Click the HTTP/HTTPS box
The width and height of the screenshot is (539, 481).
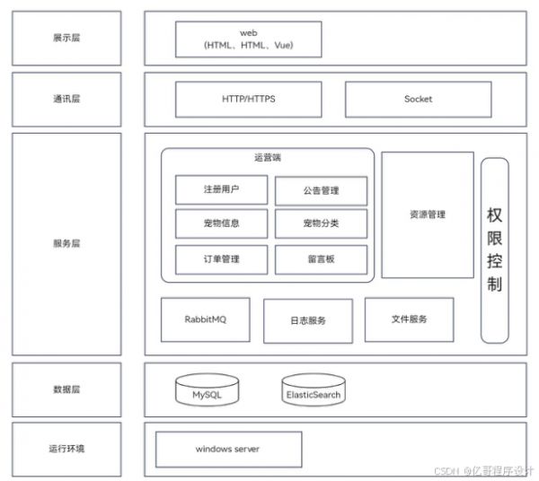(249, 100)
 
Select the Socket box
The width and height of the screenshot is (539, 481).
(419, 100)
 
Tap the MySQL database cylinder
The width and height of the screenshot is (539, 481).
(207, 389)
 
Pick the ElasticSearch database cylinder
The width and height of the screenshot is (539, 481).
(314, 389)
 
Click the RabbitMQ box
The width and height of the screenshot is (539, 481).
(206, 319)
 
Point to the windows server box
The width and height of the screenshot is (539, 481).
(228, 450)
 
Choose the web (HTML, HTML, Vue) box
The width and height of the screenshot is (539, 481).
(249, 39)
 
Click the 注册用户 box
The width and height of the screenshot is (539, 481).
(221, 189)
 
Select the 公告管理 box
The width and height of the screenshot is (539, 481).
(321, 191)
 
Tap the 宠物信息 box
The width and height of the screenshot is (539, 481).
(221, 223)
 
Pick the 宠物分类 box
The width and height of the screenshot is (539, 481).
(321, 223)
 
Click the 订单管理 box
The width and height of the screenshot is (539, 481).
(221, 259)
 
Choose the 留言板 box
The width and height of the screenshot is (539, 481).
(321, 259)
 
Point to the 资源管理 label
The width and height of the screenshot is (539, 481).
(428, 214)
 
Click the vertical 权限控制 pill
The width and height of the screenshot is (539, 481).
(495, 250)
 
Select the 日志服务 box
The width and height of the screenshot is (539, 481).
(308, 321)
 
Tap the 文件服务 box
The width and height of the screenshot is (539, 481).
(409, 319)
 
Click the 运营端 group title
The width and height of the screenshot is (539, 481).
(268, 158)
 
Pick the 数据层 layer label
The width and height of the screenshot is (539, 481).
(66, 389)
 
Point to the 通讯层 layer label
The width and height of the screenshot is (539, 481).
(66, 99)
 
